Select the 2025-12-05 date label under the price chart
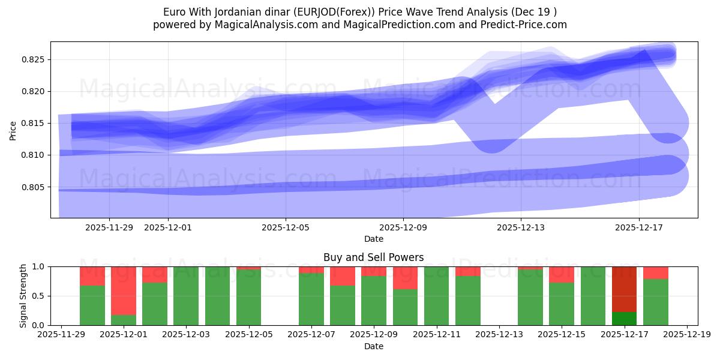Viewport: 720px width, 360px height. point(286,227)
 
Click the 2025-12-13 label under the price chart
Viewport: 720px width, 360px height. point(521,227)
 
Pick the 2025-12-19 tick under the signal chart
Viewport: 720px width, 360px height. point(686,335)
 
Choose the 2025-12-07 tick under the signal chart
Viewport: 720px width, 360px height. point(311,335)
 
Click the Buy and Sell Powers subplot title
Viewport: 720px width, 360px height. point(373,257)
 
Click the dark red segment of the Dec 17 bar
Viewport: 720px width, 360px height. point(624,289)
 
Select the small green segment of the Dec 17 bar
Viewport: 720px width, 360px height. point(624,319)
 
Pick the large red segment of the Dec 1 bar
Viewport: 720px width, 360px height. point(124,290)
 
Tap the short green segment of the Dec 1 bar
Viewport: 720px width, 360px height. point(124,320)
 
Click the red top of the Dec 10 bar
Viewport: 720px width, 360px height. point(405,278)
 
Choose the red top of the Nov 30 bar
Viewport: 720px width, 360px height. point(92,276)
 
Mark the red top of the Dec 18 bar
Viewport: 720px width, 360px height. point(655,272)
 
